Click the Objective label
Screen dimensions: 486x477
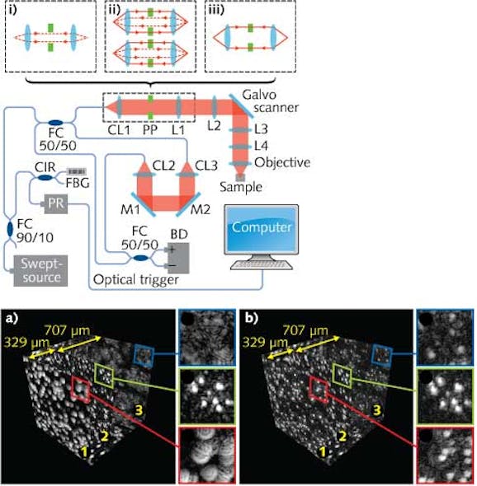(285, 161)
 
